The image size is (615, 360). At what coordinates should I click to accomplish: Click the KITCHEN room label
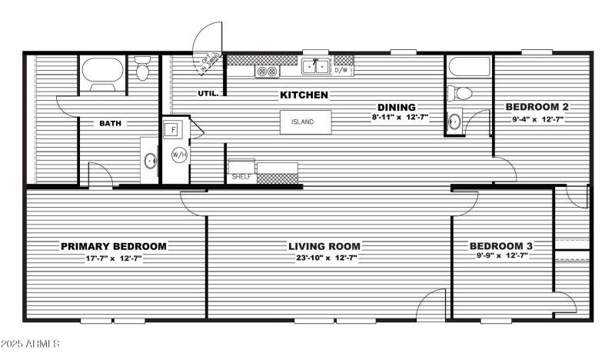(x=304, y=95)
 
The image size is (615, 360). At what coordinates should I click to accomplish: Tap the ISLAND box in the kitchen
(x=305, y=122)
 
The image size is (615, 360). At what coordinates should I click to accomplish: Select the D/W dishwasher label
(x=342, y=70)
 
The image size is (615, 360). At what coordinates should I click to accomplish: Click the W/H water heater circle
(x=179, y=155)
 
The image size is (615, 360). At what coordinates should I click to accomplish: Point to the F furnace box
(x=174, y=128)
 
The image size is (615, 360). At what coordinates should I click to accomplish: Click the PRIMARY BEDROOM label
(x=114, y=246)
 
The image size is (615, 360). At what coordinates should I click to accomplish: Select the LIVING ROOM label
(x=324, y=246)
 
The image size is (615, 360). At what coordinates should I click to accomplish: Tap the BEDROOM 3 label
(x=501, y=246)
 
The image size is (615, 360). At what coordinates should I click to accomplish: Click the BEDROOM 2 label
(x=537, y=107)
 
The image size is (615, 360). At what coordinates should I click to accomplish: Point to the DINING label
(x=396, y=107)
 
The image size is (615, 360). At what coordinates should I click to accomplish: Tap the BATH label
(x=111, y=123)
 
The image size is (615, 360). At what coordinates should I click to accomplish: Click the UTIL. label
(x=208, y=94)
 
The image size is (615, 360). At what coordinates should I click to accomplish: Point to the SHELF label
(x=241, y=177)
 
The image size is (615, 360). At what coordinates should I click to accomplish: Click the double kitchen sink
(x=315, y=68)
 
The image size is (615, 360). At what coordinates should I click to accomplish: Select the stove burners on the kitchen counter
(x=267, y=71)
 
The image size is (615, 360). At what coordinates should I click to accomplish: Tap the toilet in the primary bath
(x=142, y=70)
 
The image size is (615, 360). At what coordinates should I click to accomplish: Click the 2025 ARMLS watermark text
(x=31, y=343)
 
